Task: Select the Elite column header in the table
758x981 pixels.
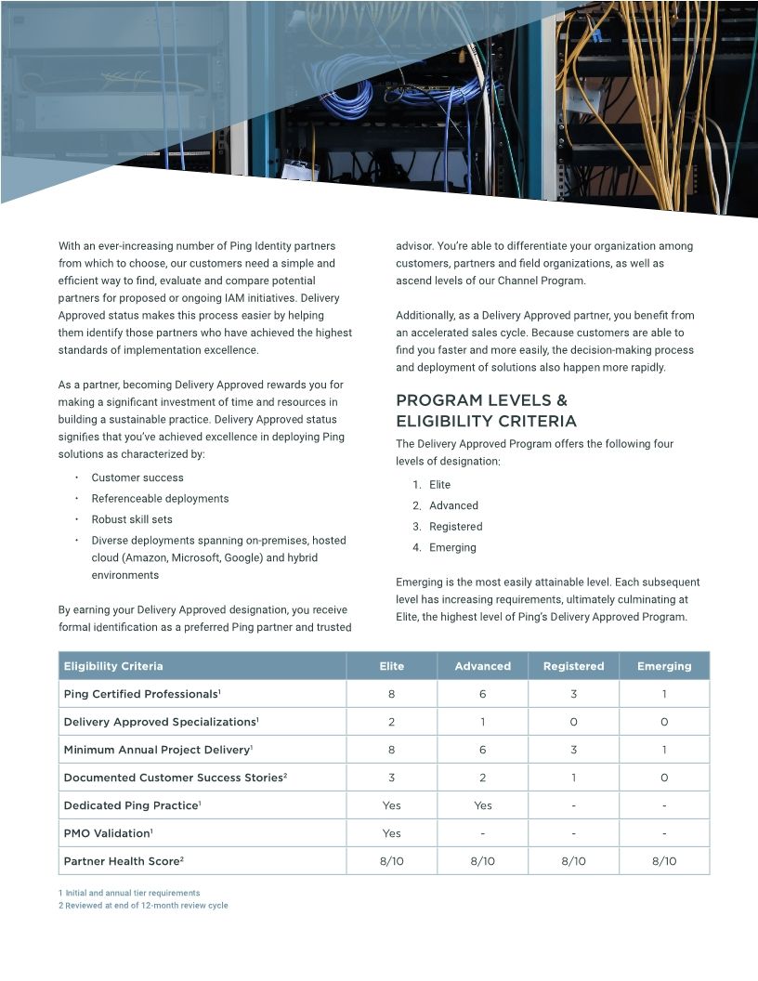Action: [x=392, y=666]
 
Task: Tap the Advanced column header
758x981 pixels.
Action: [x=482, y=666]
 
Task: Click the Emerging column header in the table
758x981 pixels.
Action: [x=664, y=666]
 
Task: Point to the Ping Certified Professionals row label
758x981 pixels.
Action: [x=142, y=694]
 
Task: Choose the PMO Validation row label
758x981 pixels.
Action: [x=108, y=833]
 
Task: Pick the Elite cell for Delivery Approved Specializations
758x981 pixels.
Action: [x=392, y=722]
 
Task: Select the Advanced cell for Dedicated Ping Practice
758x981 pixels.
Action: [x=482, y=805]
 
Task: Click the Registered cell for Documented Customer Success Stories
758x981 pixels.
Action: [x=573, y=778]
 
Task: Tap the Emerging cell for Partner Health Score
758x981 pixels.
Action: [x=664, y=861]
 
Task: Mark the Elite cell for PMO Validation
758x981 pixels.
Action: [x=392, y=833]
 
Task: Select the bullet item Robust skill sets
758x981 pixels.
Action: [x=131, y=519]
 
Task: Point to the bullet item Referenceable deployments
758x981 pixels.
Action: [x=160, y=499]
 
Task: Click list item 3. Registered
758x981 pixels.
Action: [x=455, y=527]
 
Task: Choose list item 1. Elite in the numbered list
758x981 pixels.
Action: [x=439, y=485]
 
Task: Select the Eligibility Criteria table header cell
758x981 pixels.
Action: [x=112, y=666]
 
